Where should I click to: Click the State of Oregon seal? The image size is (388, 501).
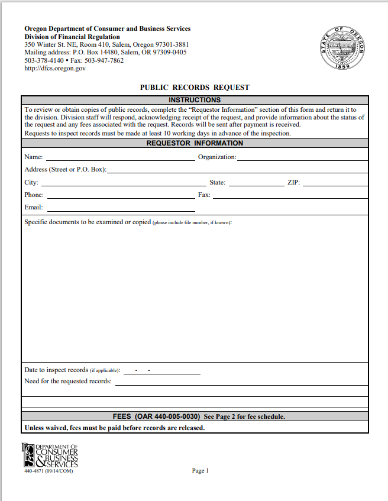[x=344, y=48]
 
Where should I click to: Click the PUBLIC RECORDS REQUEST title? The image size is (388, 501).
[x=195, y=88]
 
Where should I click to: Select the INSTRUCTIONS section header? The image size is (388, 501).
[x=195, y=100]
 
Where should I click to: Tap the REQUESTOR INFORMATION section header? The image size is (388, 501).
[x=195, y=143]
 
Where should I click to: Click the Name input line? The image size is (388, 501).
[x=120, y=157]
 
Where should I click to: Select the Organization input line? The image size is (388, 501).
[x=302, y=157]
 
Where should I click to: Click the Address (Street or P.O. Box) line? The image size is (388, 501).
[x=237, y=170]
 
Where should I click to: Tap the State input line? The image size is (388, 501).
[x=256, y=183]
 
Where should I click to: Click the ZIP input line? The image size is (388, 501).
[x=335, y=183]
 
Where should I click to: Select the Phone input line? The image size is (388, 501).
[x=120, y=195]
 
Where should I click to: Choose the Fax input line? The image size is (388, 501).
[x=290, y=195]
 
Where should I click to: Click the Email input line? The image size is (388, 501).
[x=121, y=208]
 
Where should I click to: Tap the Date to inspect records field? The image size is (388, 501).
[x=161, y=371]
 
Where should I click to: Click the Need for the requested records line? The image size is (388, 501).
[x=241, y=382]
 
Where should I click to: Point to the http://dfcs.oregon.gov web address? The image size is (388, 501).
[x=55, y=69]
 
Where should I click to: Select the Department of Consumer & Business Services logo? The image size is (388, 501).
[x=50, y=455]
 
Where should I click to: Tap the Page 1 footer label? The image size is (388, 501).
[x=201, y=471]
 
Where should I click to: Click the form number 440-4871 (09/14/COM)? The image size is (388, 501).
[x=49, y=471]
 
